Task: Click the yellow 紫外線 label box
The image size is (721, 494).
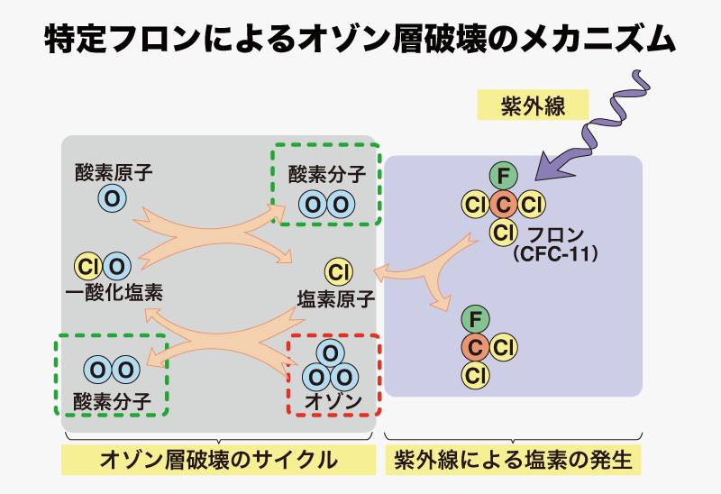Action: tap(533, 105)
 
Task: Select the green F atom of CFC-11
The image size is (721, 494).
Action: tap(504, 176)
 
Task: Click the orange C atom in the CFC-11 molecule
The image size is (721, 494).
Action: tap(504, 205)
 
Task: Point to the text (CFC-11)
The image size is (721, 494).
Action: tap(556, 253)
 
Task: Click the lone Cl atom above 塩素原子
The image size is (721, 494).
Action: tap(339, 272)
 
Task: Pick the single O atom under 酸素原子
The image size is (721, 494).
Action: tap(112, 198)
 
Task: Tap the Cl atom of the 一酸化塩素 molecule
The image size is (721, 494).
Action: tap(88, 266)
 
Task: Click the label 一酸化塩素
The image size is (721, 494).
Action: tap(114, 293)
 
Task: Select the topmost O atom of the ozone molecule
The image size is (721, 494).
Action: tap(331, 353)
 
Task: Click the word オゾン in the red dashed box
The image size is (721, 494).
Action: tap(333, 401)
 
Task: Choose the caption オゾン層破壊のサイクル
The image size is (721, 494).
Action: tap(218, 460)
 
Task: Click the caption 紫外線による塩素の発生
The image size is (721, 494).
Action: tap(513, 460)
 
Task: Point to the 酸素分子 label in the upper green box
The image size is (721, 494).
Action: tap(327, 174)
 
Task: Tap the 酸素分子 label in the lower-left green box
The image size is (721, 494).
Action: tap(112, 401)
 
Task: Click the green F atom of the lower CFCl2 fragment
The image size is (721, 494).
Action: tap(476, 319)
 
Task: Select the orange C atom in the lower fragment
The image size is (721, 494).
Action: tap(476, 347)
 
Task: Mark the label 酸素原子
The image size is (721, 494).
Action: tap(114, 172)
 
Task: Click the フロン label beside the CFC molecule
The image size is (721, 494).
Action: tap(555, 234)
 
